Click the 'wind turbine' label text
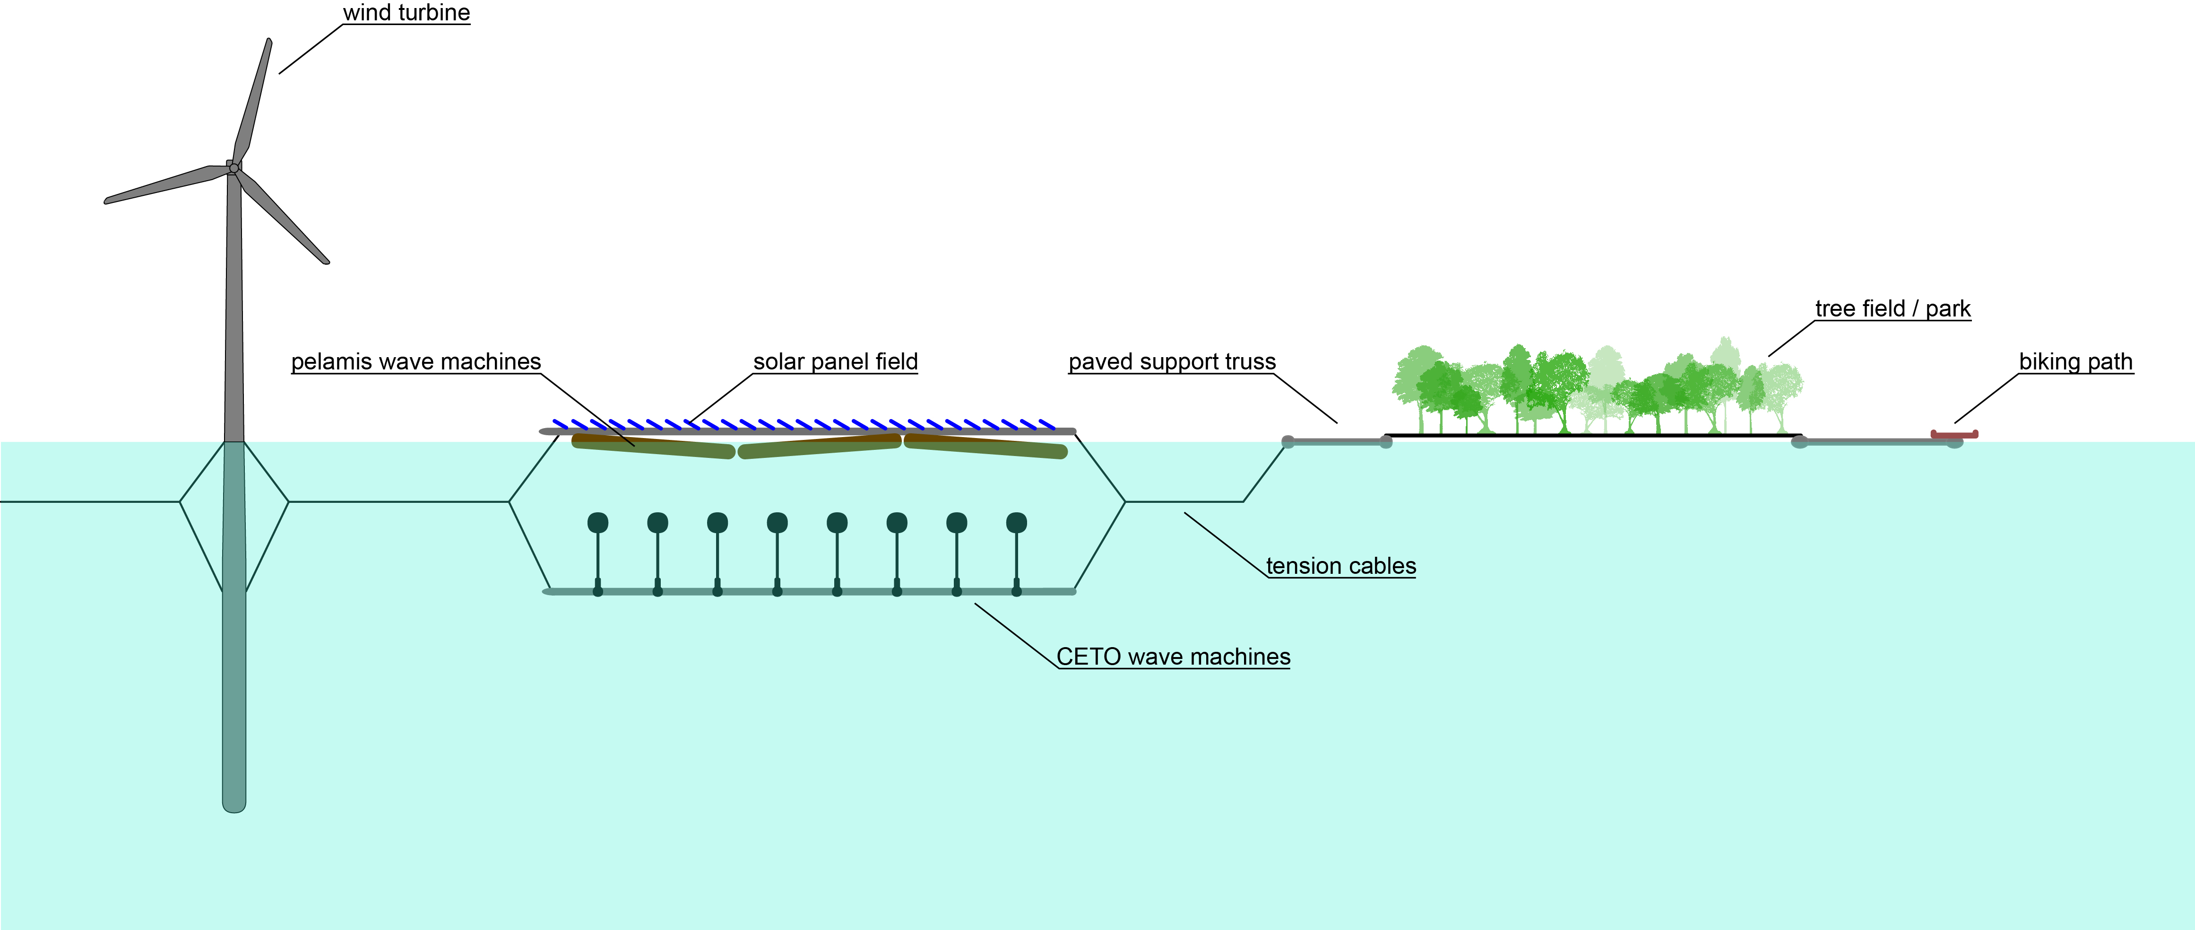point(406,13)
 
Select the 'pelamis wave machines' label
point(416,361)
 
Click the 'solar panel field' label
point(835,361)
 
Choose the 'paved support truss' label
point(1172,361)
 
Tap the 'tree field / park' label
point(1893,308)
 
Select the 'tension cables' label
point(1340,566)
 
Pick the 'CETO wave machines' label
point(1173,657)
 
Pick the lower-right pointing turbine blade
point(284,218)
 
